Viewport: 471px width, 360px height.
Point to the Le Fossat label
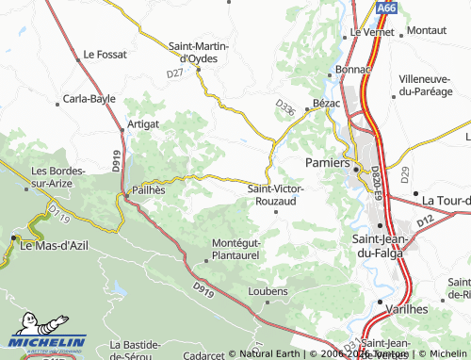tap(104, 55)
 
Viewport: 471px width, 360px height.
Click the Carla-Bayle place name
tap(89, 98)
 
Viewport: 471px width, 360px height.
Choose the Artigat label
tap(142, 124)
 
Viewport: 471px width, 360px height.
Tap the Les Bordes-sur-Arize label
tap(58, 175)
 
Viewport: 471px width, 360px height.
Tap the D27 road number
tap(174, 73)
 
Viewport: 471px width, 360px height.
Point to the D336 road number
tap(286, 110)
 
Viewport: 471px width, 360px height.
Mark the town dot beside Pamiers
tap(357, 168)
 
